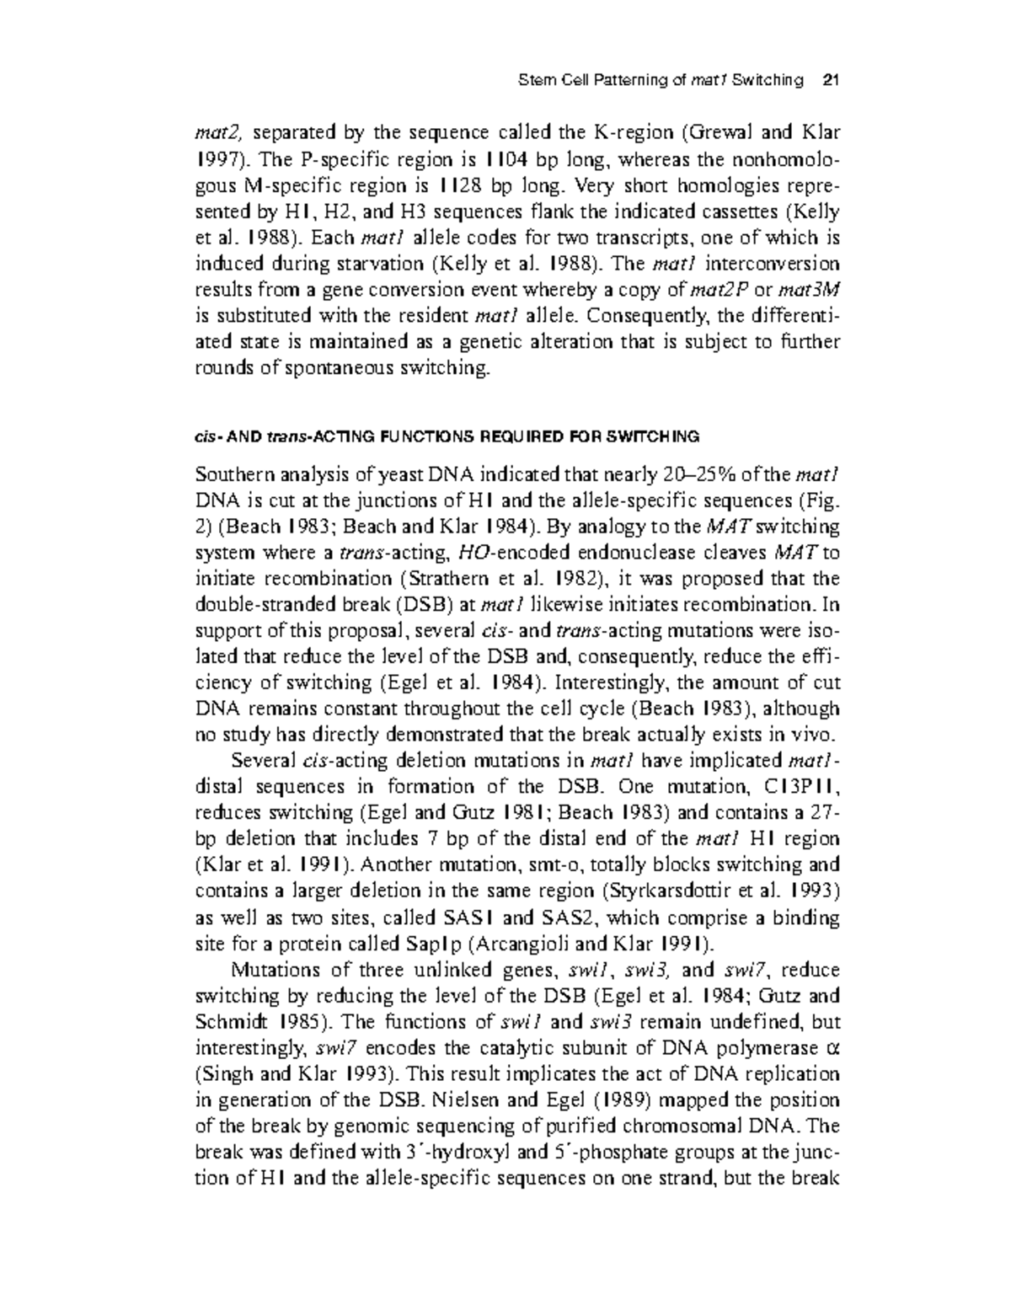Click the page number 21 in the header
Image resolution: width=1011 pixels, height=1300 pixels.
831,81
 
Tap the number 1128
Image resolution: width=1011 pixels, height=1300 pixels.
466,185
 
